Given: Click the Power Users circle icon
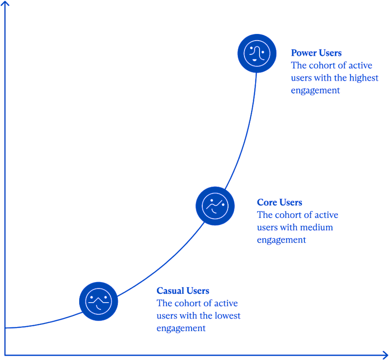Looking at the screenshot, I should point(257,53).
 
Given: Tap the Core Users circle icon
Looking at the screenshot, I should point(215,206).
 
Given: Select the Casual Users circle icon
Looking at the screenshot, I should point(99,301).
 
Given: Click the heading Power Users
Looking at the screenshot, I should point(316,53).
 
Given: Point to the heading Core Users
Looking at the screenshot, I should point(279,202).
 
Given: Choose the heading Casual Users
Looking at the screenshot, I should point(183,290).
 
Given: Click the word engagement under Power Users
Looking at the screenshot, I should point(315,91).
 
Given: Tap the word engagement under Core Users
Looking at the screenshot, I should point(281,240).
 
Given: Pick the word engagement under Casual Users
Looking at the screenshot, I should point(181,328).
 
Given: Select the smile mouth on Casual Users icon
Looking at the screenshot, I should point(98,308).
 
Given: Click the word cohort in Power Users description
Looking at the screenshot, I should point(322,65).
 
